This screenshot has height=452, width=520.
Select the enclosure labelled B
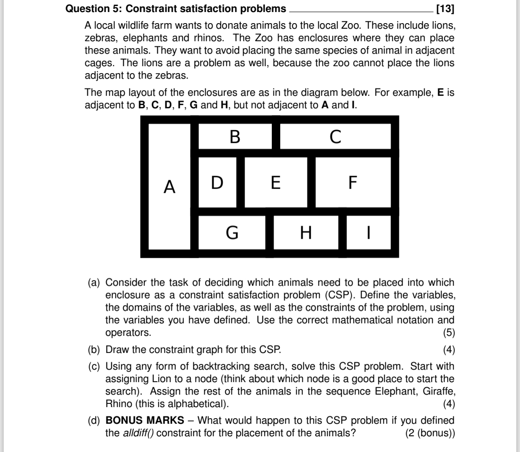pos(235,136)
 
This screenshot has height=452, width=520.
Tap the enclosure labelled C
pos(336,136)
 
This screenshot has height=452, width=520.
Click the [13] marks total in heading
pos(444,8)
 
